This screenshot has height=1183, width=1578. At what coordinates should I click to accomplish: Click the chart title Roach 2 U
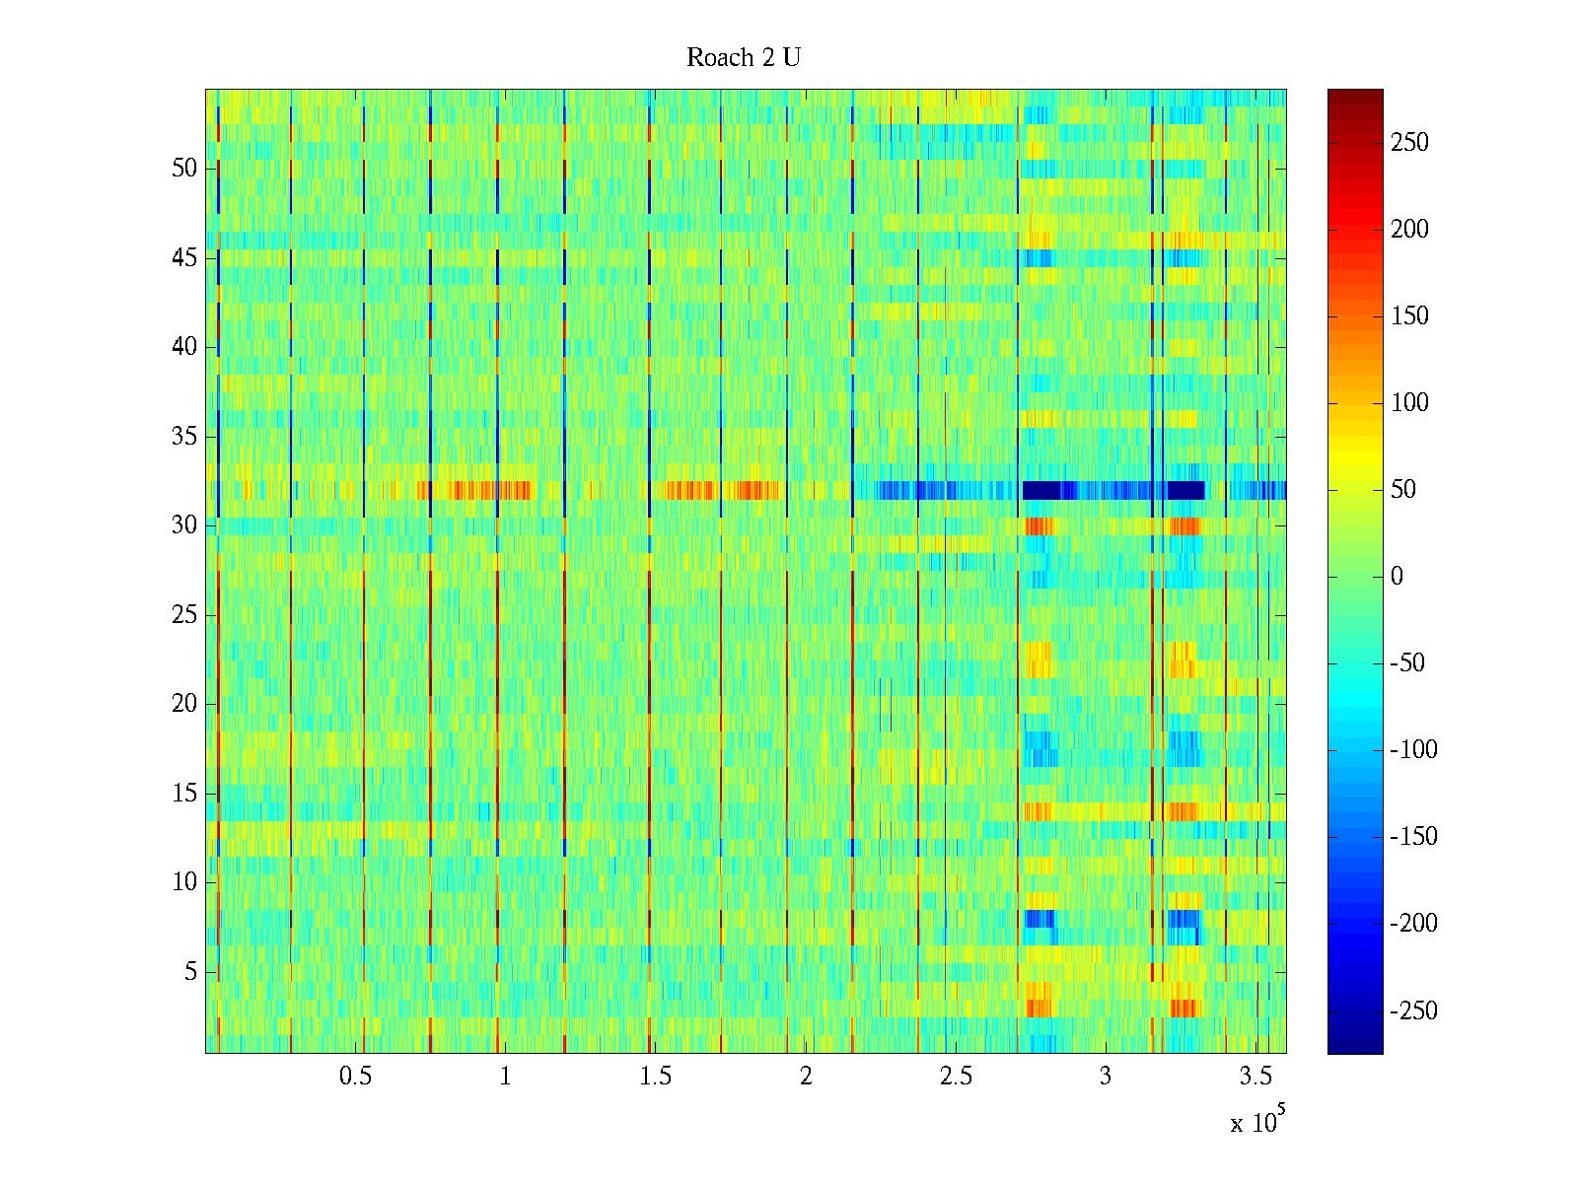click(x=744, y=58)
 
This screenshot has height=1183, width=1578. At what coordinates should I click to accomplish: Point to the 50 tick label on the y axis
click(x=184, y=169)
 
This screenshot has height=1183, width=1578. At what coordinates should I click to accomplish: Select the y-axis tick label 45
click(x=184, y=258)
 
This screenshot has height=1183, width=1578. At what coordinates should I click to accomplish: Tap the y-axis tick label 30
click(x=184, y=525)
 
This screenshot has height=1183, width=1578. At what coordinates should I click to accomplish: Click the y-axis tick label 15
click(x=184, y=794)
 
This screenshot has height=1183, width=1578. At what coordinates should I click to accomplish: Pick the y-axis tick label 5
click(x=190, y=972)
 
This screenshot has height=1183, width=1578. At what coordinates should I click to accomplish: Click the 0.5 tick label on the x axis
click(x=355, y=1077)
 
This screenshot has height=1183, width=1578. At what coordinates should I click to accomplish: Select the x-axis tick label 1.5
click(x=656, y=1077)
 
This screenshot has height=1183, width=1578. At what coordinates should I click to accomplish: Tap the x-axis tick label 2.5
click(x=956, y=1077)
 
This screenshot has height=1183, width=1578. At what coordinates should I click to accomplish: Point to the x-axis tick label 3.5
click(x=1255, y=1077)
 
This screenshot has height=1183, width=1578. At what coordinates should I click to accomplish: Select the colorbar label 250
click(x=1409, y=143)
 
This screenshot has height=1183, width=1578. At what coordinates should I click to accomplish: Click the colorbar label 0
click(x=1397, y=577)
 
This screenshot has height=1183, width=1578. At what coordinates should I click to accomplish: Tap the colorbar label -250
click(x=1414, y=1011)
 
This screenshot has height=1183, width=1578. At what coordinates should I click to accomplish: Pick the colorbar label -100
click(x=1414, y=750)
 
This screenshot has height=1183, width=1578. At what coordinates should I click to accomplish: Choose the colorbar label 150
click(x=1409, y=316)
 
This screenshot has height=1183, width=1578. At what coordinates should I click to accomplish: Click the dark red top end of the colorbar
click(x=1355, y=95)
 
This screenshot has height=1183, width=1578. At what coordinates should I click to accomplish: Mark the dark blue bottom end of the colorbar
click(x=1355, y=1048)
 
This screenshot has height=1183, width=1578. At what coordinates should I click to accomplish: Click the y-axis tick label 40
click(x=184, y=347)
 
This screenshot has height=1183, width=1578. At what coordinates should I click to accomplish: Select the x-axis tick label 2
click(x=806, y=1077)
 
